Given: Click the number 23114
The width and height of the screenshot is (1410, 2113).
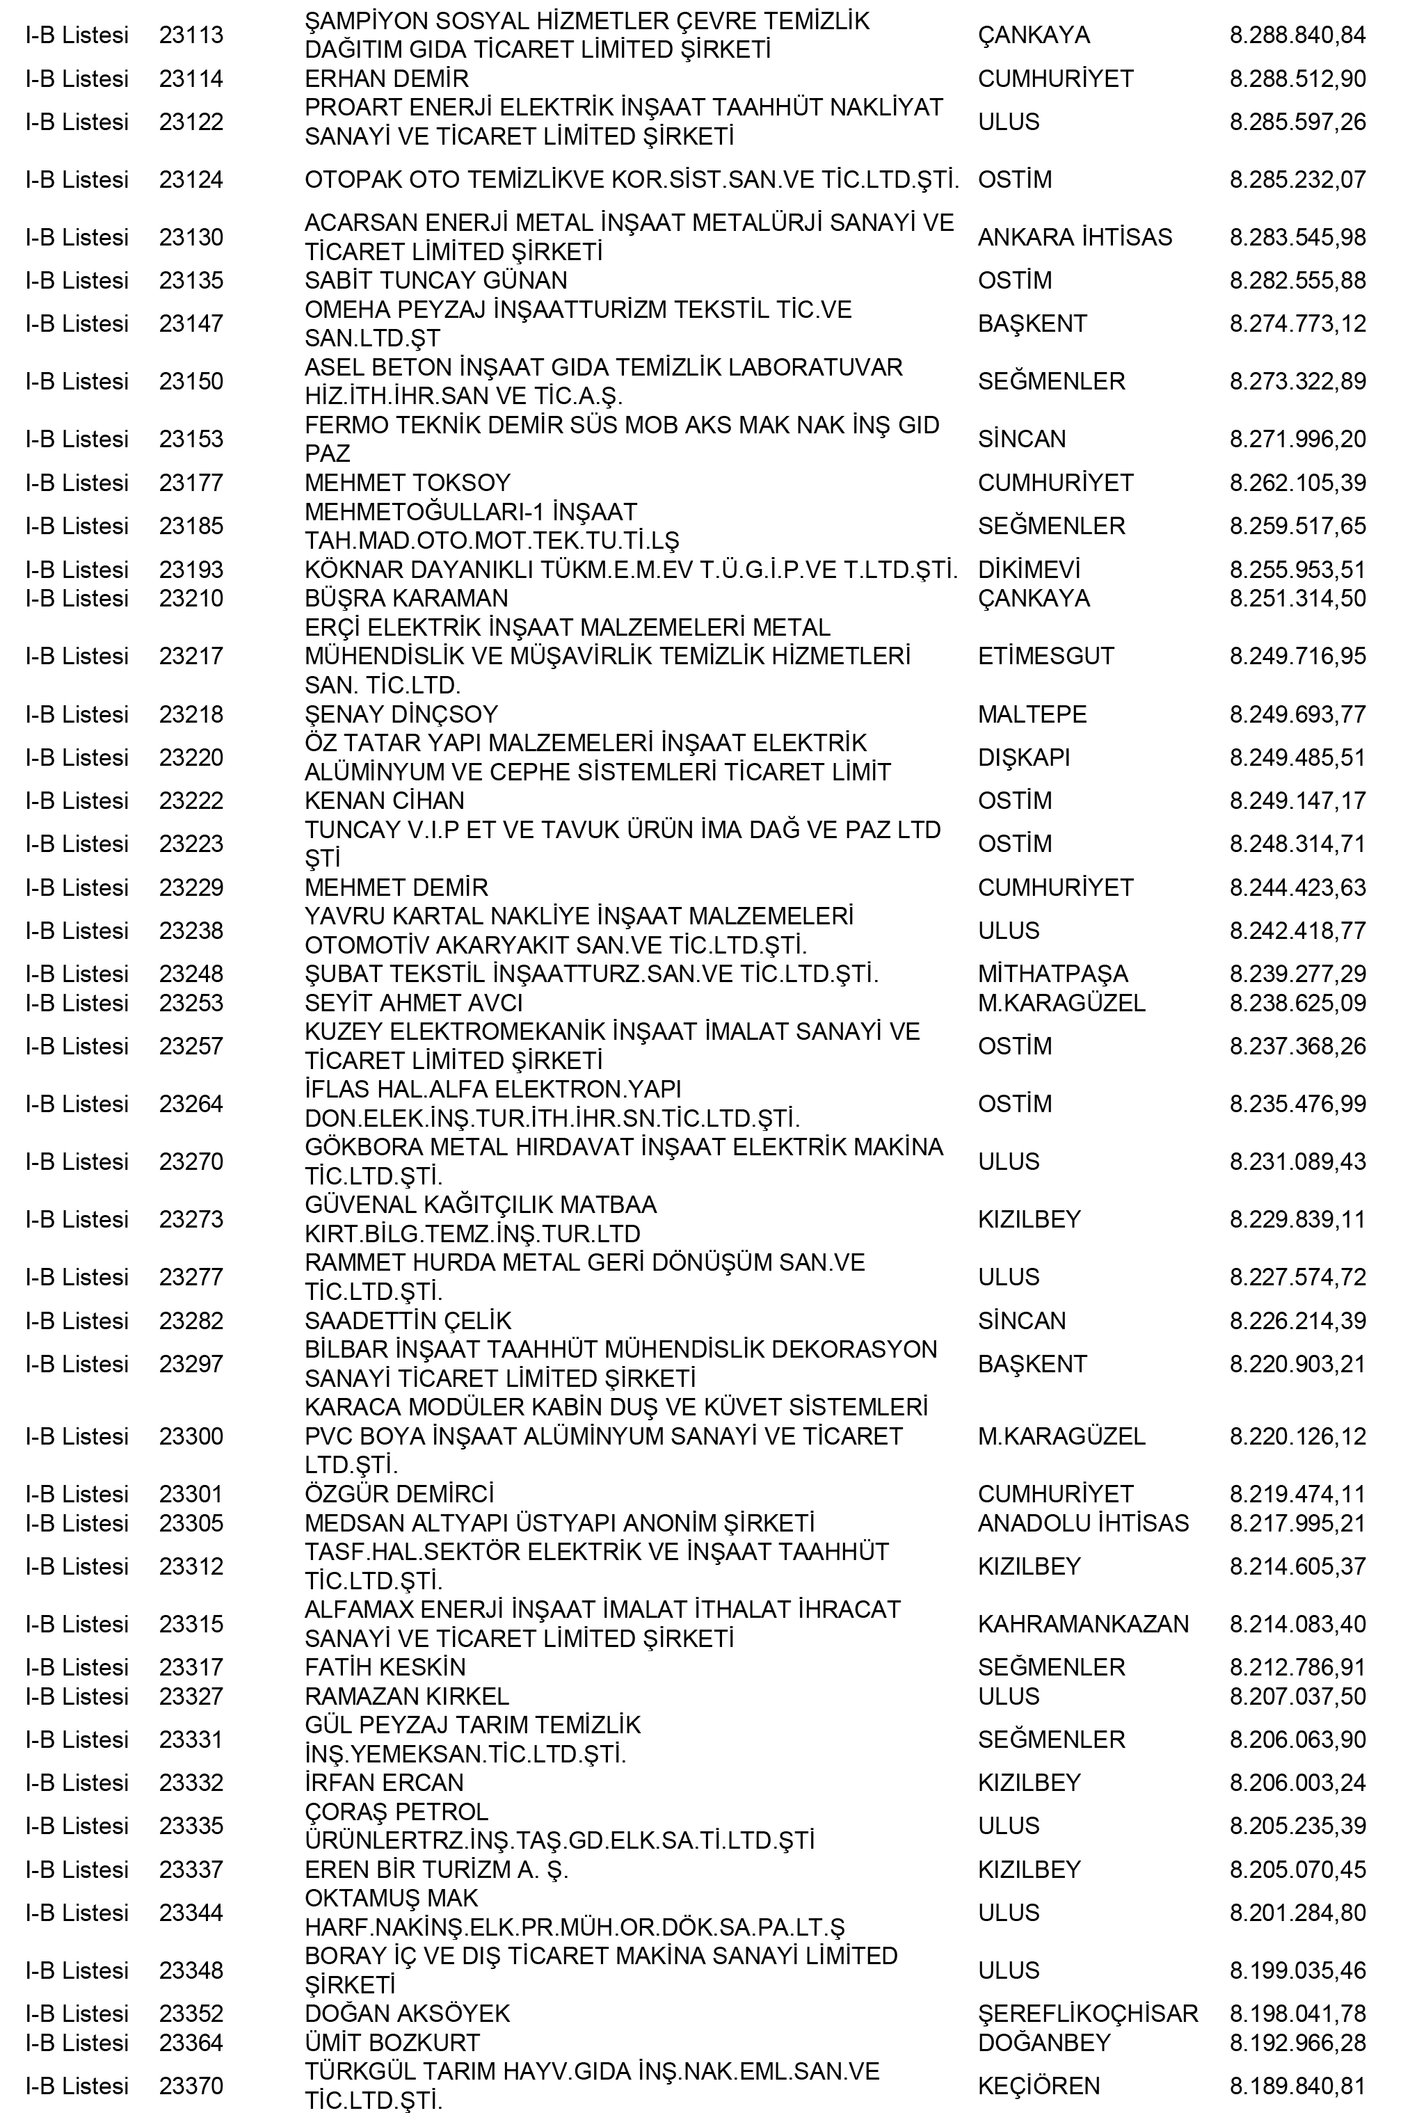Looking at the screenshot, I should click(191, 79).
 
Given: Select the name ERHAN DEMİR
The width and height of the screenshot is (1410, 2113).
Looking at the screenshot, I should click(387, 79).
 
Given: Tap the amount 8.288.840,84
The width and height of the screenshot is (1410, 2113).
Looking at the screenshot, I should click(1297, 35).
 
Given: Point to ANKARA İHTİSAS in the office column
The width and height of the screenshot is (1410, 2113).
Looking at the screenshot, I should click(1075, 237).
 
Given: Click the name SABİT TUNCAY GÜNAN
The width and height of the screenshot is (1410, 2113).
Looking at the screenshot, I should click(436, 280).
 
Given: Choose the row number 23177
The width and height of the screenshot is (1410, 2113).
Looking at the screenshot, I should click(191, 483).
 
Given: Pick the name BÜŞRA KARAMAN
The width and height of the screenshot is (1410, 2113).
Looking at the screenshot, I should click(406, 598).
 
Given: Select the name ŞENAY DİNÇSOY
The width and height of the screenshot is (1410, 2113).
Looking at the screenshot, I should click(401, 714).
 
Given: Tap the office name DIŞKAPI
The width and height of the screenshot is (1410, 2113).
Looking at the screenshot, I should click(1024, 757).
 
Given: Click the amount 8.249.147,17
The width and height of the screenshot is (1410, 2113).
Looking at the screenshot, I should click(1297, 801).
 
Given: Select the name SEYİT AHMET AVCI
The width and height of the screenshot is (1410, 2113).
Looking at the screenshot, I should click(414, 1002).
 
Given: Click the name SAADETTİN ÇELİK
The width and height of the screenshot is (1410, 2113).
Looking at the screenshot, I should click(408, 1321).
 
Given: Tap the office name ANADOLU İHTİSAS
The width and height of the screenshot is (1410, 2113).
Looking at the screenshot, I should click(1082, 1523).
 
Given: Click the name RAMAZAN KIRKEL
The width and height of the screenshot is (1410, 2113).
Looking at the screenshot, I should click(406, 1696).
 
